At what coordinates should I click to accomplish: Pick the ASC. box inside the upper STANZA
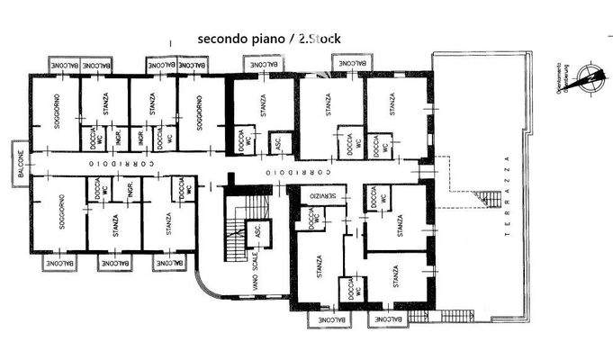pos(278,144)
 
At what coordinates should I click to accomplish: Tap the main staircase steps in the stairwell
pos(234,236)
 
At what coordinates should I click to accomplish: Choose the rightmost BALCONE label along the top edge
pos(351,65)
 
